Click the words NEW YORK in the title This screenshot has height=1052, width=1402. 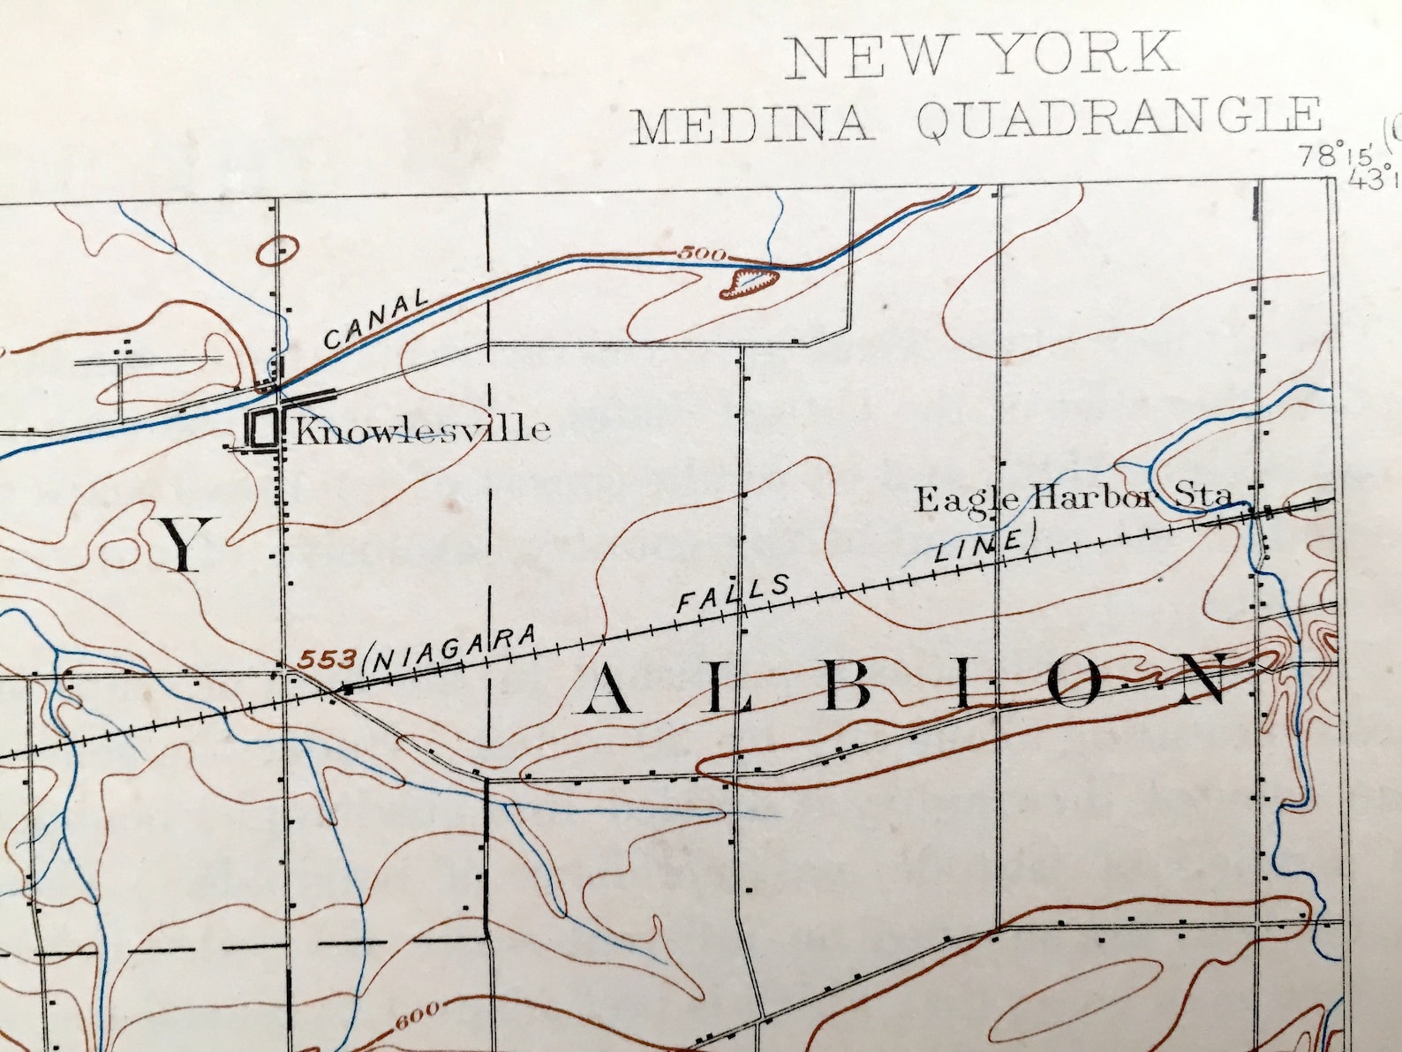click(x=983, y=55)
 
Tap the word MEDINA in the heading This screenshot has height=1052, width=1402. click(x=750, y=125)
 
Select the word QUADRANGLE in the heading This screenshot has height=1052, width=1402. click(x=1119, y=120)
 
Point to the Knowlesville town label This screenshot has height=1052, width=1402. click(x=422, y=431)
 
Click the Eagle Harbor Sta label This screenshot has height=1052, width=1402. click(x=1072, y=499)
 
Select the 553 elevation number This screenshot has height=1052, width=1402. click(x=328, y=658)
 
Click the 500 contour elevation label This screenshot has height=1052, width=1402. click(x=703, y=255)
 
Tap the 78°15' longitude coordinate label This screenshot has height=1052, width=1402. click(x=1333, y=157)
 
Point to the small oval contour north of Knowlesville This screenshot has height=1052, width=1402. click(x=277, y=251)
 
